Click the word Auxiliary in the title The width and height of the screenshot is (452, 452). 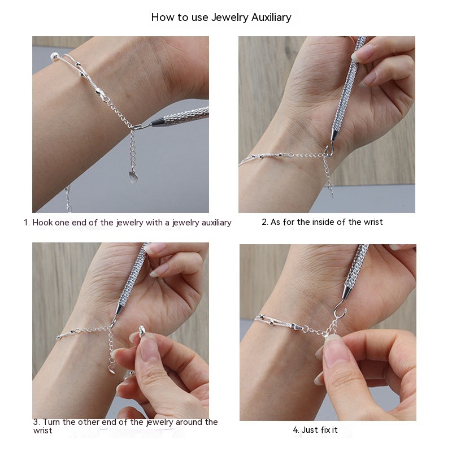click(271, 18)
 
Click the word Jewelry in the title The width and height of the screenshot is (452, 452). click(230, 18)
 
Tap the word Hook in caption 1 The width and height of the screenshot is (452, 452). click(42, 223)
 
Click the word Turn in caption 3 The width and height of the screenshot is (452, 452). click(51, 422)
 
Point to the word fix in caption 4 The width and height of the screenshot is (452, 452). click(325, 430)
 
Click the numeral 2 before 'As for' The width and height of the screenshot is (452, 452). click(264, 222)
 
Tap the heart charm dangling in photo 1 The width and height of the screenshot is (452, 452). click(133, 177)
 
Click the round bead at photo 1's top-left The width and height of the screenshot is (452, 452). click(54, 56)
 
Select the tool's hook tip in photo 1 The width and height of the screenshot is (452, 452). click(138, 127)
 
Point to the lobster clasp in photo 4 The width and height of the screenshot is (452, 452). click(298, 327)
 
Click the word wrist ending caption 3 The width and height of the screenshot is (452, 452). click(43, 431)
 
